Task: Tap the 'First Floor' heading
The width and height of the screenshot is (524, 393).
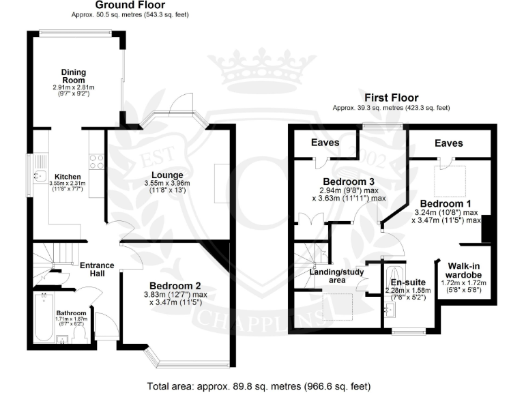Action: pyautogui.click(x=391, y=98)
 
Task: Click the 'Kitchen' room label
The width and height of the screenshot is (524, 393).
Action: pyautogui.click(x=68, y=177)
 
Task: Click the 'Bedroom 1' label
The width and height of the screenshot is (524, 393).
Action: pyautogui.click(x=446, y=204)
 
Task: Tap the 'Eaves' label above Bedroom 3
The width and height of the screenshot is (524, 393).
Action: pyautogui.click(x=325, y=143)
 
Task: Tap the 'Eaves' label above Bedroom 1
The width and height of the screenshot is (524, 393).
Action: pyautogui.click(x=448, y=143)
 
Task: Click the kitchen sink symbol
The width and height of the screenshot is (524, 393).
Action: pyautogui.click(x=38, y=176)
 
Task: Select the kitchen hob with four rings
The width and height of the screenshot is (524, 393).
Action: pyautogui.click(x=96, y=162)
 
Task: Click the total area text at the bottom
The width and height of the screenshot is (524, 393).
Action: pyautogui.click(x=259, y=386)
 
